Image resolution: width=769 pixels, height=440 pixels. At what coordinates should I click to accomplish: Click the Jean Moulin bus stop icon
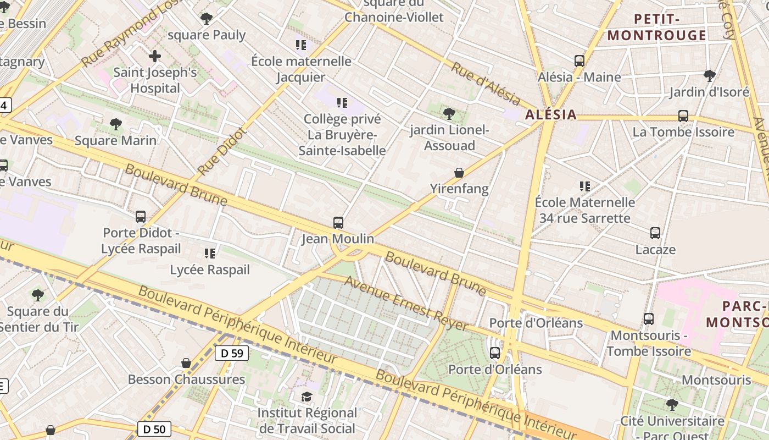pyautogui.click(x=338, y=223)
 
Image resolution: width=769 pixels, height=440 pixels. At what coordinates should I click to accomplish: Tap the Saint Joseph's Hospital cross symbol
pyautogui.click(x=155, y=56)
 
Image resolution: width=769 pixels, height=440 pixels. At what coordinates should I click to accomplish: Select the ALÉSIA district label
pyautogui.click(x=551, y=114)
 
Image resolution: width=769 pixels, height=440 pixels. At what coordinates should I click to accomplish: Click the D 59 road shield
pyautogui.click(x=232, y=353)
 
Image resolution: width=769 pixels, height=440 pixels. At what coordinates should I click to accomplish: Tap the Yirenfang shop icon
pyautogui.click(x=459, y=173)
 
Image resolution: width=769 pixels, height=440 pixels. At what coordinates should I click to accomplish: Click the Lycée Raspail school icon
pyautogui.click(x=210, y=253)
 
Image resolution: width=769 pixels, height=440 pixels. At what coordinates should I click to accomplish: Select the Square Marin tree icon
pyautogui.click(x=115, y=124)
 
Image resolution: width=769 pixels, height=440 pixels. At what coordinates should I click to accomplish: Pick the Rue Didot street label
pyautogui.click(x=221, y=151)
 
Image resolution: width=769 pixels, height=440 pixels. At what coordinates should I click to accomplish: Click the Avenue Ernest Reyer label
pyautogui.click(x=406, y=304)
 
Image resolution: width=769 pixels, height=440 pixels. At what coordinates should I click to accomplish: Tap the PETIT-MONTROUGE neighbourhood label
pyautogui.click(x=657, y=28)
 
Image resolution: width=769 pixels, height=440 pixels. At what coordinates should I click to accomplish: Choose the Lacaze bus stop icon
pyautogui.click(x=655, y=233)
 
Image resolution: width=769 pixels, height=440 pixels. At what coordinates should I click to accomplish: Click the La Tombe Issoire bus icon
pyautogui.click(x=683, y=116)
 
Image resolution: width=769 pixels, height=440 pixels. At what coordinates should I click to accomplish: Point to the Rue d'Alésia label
pyautogui.click(x=486, y=84)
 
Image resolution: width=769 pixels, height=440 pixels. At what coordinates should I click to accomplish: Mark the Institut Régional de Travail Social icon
pyautogui.click(x=307, y=397)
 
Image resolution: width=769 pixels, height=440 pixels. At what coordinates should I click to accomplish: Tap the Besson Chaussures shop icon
pyautogui.click(x=186, y=363)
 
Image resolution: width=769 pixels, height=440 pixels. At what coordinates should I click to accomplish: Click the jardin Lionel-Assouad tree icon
pyautogui.click(x=449, y=114)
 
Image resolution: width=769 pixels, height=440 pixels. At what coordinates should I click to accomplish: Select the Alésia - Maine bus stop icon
pyautogui.click(x=579, y=61)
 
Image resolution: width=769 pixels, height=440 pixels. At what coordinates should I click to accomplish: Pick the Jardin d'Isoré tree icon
pyautogui.click(x=709, y=75)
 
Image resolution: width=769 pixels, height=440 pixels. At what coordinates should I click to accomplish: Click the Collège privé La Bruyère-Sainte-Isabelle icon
pyautogui.click(x=343, y=102)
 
